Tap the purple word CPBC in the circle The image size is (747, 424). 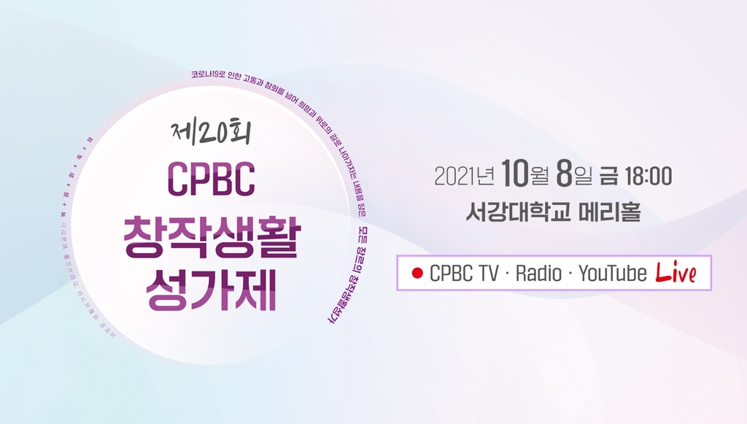(212, 178)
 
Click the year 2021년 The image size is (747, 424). (464, 176)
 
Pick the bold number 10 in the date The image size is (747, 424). (515, 175)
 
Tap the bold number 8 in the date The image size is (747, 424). (562, 175)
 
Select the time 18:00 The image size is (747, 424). (646, 176)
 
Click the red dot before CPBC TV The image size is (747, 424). (417, 274)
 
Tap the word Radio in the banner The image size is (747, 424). (539, 274)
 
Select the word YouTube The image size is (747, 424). (612, 274)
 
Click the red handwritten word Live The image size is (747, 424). (676, 273)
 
